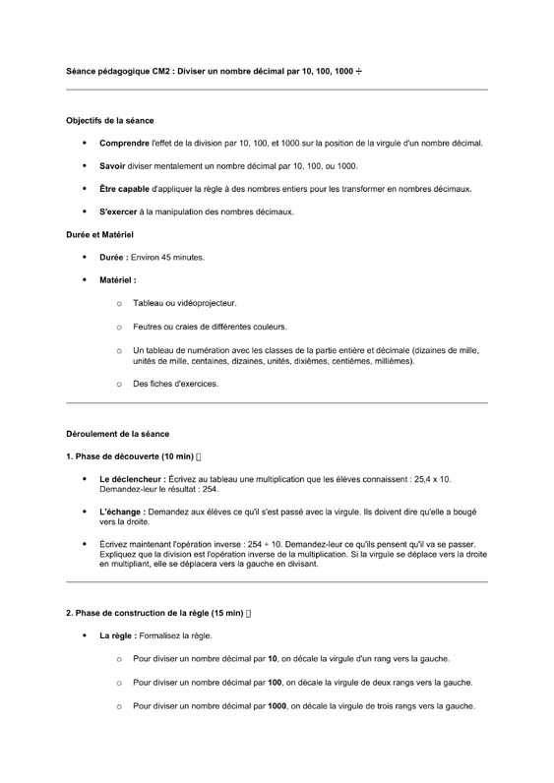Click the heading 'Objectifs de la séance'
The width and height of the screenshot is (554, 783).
(x=109, y=121)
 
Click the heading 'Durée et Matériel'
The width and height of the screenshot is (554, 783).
(x=99, y=235)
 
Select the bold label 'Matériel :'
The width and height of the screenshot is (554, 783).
(x=118, y=280)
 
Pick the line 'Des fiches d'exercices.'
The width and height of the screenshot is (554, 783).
(x=176, y=384)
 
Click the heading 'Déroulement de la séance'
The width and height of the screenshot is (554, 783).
(x=117, y=433)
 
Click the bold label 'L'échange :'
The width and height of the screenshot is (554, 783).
(x=122, y=512)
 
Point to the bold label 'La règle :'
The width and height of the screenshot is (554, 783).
(x=119, y=636)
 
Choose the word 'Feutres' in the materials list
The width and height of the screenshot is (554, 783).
(x=148, y=327)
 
